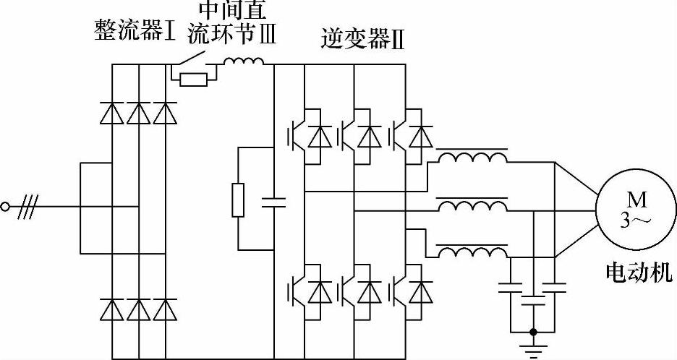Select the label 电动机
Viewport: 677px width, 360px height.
click(x=638, y=273)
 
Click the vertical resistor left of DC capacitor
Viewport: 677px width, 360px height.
click(x=238, y=200)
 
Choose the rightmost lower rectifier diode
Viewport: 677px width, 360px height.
click(x=166, y=309)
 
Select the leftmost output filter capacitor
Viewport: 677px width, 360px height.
click(x=511, y=288)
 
